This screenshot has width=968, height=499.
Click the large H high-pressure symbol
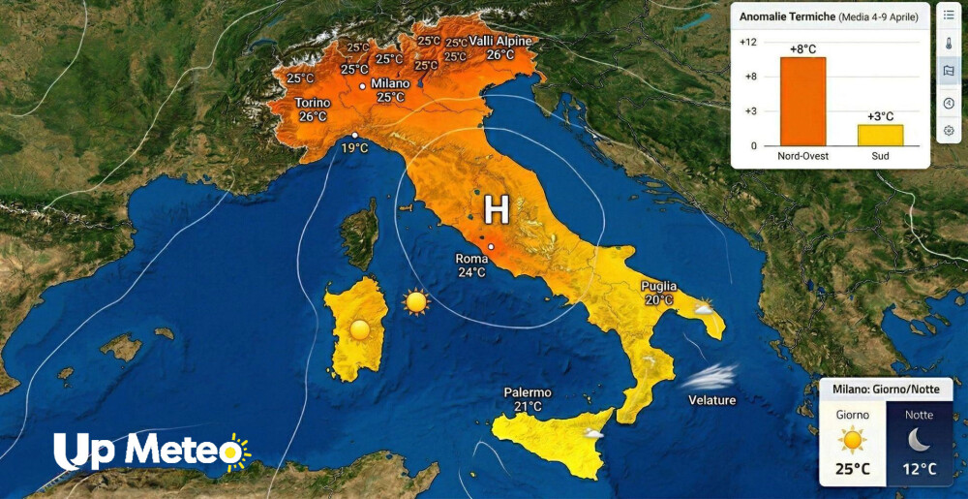click(496, 209)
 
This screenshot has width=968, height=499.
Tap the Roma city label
click(471, 259)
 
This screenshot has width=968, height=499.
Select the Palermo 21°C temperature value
click(528, 406)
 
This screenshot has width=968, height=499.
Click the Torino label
click(313, 103)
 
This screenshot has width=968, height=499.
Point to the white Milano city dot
click(363, 86)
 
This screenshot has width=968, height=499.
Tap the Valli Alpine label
click(500, 41)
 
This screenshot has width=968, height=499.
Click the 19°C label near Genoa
click(355, 148)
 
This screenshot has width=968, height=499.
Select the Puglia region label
click(658, 287)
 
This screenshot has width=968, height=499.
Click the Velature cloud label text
click(711, 400)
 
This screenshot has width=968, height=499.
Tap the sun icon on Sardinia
click(360, 329)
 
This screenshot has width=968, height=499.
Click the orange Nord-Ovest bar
click(802, 101)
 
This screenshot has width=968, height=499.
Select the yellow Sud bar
click(880, 135)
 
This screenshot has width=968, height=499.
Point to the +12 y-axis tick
click(747, 42)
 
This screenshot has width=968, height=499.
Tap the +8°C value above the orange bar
click(803, 48)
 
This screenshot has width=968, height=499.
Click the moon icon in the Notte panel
click(919, 440)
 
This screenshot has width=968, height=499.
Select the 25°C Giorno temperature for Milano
click(852, 470)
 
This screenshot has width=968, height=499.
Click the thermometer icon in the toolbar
click(949, 43)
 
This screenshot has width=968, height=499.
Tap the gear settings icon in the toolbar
click(949, 130)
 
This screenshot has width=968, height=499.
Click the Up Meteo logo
click(150, 452)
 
